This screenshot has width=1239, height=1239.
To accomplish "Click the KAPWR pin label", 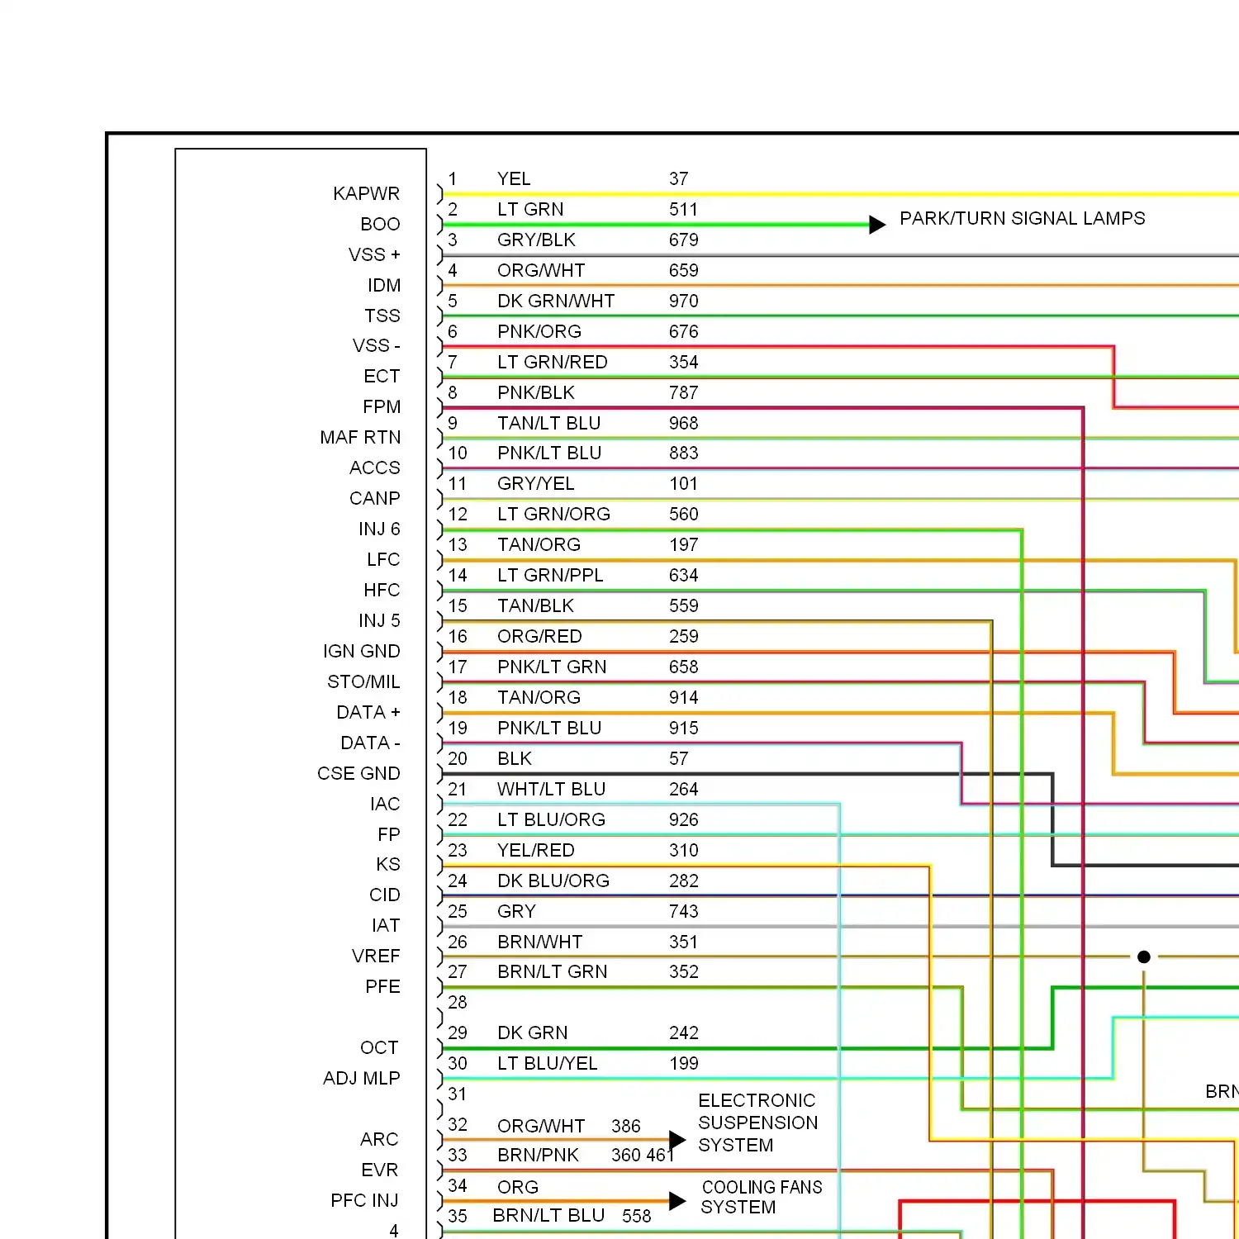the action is click(366, 193).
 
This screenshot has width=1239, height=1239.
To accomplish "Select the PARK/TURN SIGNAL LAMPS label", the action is click(1023, 218).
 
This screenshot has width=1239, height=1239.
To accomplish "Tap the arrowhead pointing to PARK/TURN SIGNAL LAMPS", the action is click(878, 225).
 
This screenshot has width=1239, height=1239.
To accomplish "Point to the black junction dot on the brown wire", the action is click(1144, 957).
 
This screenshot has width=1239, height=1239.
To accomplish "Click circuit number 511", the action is click(684, 210).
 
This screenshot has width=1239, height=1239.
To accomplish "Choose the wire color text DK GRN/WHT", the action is click(556, 301).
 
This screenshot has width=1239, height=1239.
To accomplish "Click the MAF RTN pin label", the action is click(360, 438).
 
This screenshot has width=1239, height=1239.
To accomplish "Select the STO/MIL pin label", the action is click(363, 682).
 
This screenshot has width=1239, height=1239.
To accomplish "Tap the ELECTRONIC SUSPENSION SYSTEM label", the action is click(758, 1123).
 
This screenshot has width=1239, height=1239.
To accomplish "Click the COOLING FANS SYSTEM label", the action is click(762, 1197).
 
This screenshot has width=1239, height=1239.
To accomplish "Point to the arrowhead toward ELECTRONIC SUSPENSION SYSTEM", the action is click(677, 1141).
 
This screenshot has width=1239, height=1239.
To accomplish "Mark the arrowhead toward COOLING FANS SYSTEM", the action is click(677, 1201).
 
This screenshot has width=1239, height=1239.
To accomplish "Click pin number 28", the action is click(458, 1003).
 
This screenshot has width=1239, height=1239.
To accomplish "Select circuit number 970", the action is click(684, 301).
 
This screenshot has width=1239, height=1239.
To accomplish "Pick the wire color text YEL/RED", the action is click(536, 851).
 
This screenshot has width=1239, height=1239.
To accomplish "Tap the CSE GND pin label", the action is click(358, 774).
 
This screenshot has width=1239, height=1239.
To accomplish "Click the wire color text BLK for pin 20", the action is click(515, 759).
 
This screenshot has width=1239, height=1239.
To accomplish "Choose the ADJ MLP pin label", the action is click(362, 1079).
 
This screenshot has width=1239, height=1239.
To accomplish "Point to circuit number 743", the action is click(684, 912).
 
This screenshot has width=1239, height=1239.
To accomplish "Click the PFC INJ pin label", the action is click(364, 1201).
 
